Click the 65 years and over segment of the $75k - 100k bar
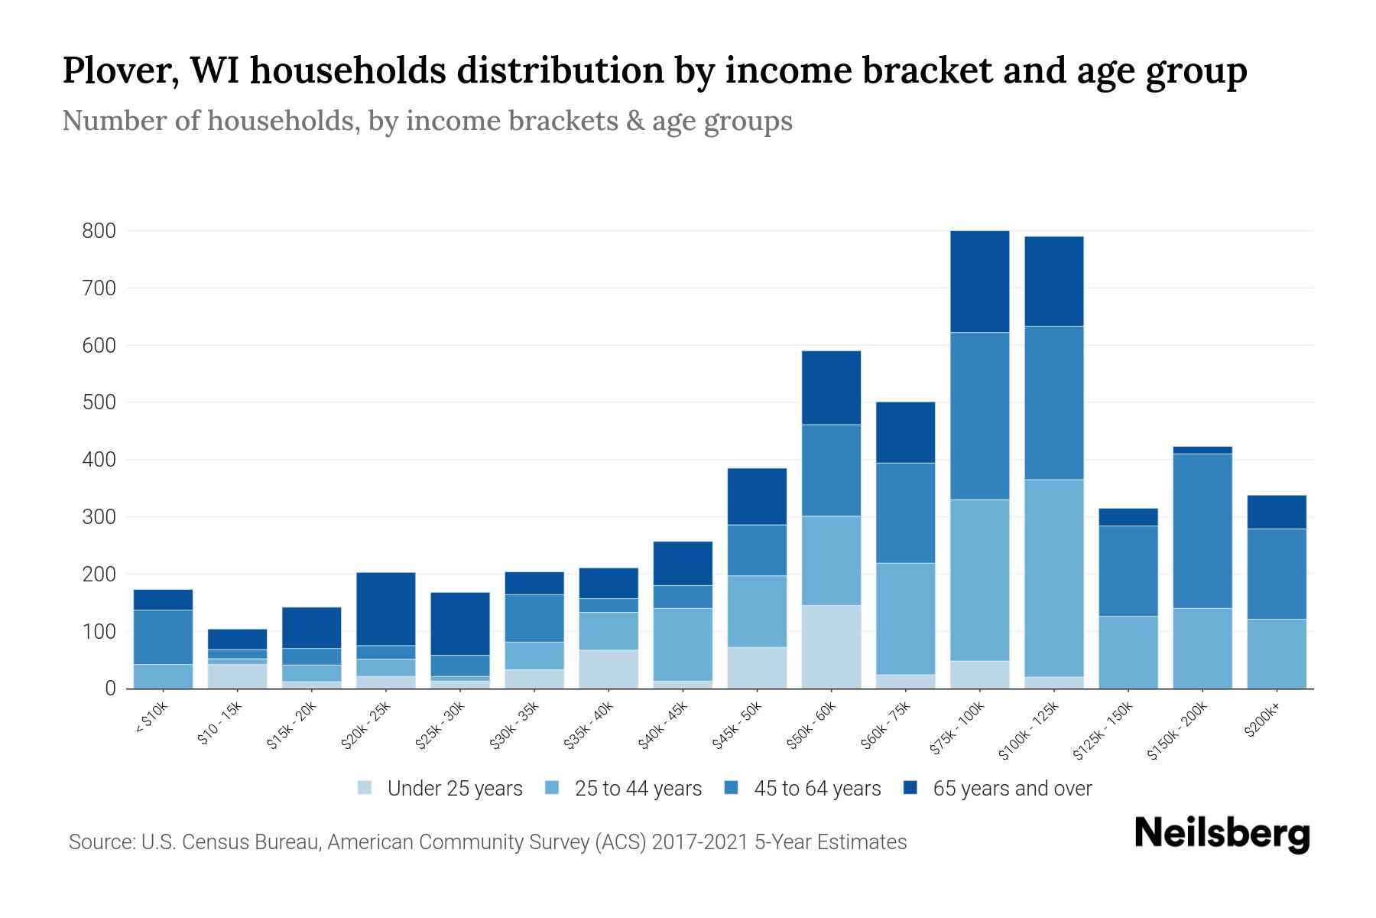click(979, 282)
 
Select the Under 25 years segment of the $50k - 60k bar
click(831, 646)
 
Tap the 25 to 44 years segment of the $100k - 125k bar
click(1053, 578)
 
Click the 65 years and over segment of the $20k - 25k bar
click(385, 609)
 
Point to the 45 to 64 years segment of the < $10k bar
click(163, 636)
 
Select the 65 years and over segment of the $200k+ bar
click(1276, 512)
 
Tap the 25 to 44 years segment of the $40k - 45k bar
click(683, 644)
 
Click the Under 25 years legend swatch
click(365, 788)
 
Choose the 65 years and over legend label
click(1012, 789)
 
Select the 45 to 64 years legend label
click(817, 789)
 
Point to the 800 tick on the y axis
click(99, 231)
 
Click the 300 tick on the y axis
click(99, 517)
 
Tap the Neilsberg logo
click(1222, 833)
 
